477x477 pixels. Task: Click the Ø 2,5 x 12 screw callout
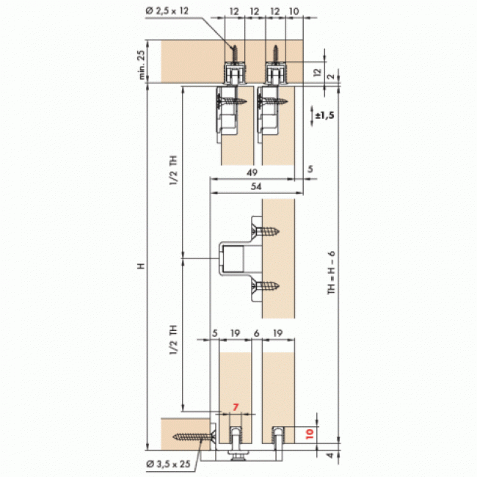(x=167, y=11)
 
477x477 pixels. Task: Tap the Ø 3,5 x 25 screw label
(x=168, y=464)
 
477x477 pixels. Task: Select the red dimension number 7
(x=236, y=407)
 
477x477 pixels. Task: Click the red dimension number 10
(x=310, y=434)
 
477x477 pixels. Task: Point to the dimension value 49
(x=252, y=172)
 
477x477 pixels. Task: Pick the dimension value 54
(x=256, y=186)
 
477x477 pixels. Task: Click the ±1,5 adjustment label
(x=324, y=115)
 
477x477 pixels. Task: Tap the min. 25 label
(x=142, y=65)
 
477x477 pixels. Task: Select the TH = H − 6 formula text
(x=331, y=272)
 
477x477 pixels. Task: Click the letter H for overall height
(x=141, y=266)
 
